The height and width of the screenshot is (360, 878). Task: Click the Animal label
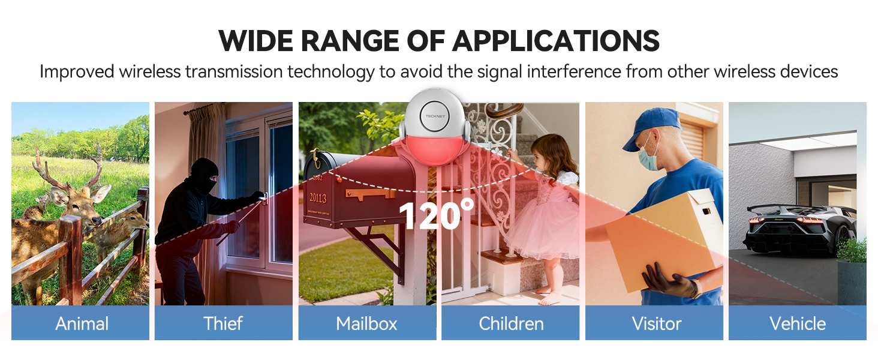click(x=82, y=324)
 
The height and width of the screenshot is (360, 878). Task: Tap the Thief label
click(x=223, y=324)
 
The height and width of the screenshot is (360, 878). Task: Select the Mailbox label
click(x=366, y=324)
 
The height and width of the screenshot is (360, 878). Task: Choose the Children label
click(x=511, y=324)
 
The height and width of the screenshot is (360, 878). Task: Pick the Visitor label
click(x=657, y=324)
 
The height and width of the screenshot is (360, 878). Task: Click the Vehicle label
click(x=798, y=324)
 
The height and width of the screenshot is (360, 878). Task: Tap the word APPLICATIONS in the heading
click(x=556, y=41)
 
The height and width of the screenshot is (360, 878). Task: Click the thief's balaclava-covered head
click(x=205, y=174)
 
